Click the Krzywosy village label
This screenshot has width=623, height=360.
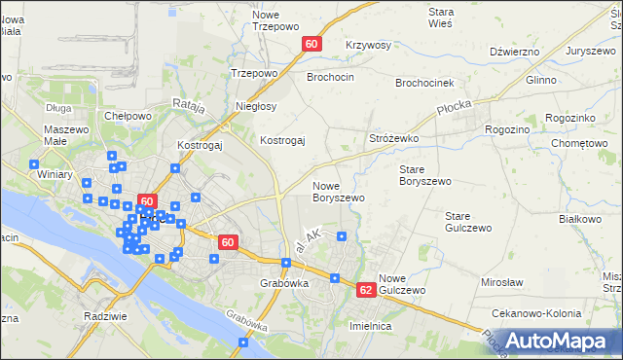(x=368, y=46)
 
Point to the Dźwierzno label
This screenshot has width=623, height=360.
(x=515, y=51)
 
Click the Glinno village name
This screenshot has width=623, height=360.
(x=541, y=81)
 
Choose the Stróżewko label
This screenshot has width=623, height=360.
(x=393, y=139)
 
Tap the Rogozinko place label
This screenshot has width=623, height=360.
(x=570, y=118)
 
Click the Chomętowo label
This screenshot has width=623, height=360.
(x=578, y=144)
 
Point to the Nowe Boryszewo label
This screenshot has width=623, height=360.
(x=338, y=191)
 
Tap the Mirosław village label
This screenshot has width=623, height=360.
(x=502, y=282)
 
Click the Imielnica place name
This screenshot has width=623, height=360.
(x=370, y=327)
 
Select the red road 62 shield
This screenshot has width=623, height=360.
(x=366, y=290)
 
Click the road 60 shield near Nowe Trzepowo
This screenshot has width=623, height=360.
(x=311, y=44)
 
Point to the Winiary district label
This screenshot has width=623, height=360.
(x=55, y=176)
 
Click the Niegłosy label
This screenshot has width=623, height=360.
(x=257, y=106)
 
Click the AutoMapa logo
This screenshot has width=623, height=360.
(x=559, y=340)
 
